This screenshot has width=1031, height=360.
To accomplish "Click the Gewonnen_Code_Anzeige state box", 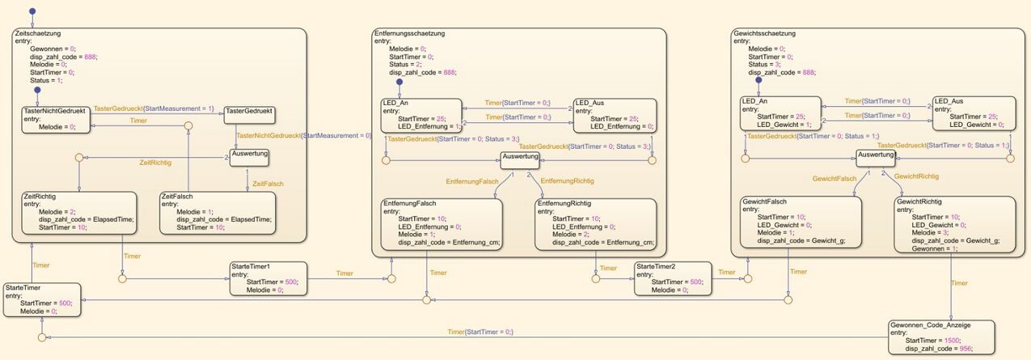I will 941,337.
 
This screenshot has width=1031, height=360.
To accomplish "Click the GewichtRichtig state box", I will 955,226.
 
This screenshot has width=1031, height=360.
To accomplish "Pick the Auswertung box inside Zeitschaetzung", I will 248,153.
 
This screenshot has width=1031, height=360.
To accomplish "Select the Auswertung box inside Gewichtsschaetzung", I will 876,155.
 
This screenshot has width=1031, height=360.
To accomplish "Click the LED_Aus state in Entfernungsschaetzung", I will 613,115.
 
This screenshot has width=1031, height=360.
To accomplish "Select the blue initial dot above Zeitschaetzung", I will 32,12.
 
